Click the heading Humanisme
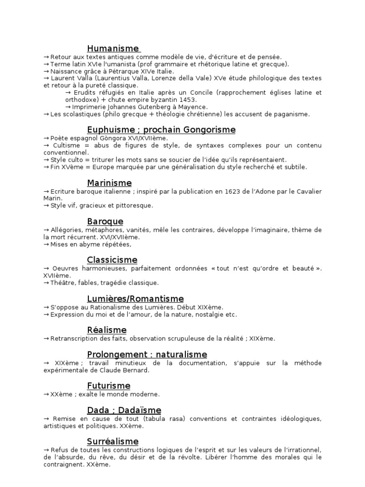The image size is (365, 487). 113,49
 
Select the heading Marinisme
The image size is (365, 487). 109,183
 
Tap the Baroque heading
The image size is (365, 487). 105,222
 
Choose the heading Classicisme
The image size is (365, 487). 112,260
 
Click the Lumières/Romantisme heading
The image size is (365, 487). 135,299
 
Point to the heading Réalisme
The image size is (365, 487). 106,330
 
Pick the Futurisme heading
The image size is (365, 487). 108,386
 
